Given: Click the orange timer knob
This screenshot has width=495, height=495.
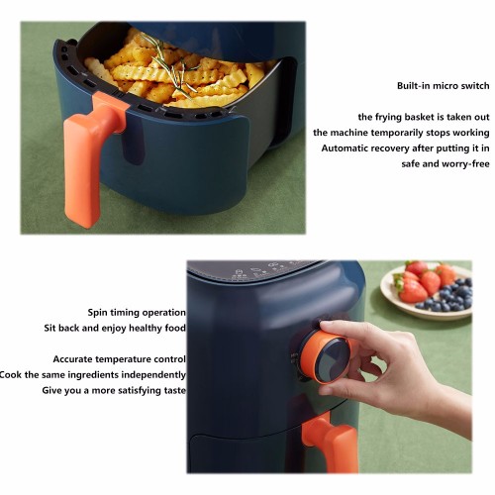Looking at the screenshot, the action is (325, 358).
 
